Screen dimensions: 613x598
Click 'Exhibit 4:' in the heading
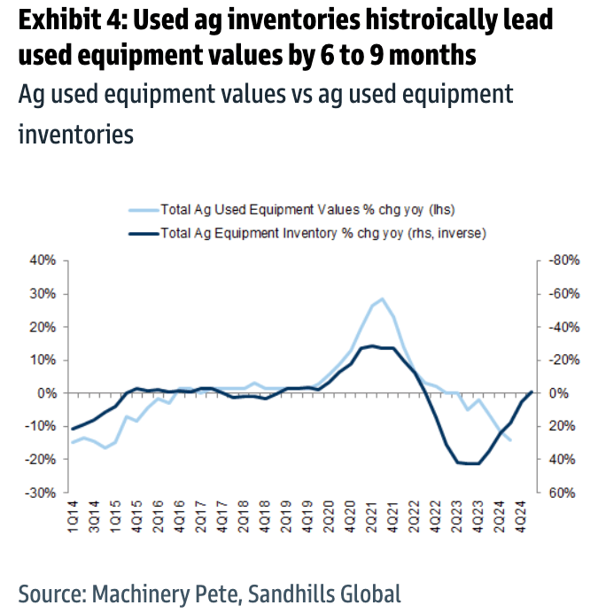tap(67, 19)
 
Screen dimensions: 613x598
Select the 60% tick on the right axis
tap(555, 493)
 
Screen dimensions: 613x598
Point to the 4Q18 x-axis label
tap(266, 519)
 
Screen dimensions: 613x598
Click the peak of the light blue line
tap(382, 299)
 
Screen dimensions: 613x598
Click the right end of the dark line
tap(531, 392)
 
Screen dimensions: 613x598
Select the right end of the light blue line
tap(511, 440)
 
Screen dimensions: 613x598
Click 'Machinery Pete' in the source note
tap(164, 593)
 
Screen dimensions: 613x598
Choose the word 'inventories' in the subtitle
tap(76, 134)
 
